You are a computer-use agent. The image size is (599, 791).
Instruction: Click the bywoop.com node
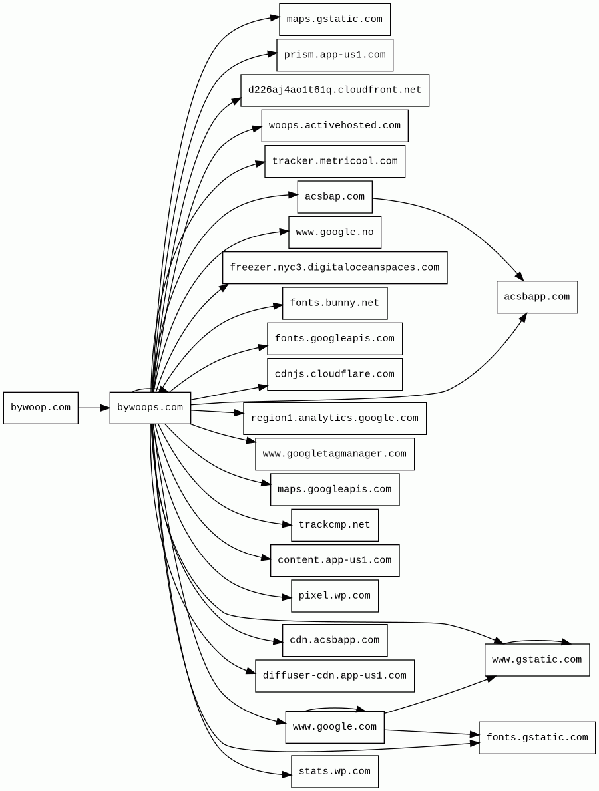[x=41, y=408]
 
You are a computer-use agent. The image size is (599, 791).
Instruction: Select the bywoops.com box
[x=150, y=408]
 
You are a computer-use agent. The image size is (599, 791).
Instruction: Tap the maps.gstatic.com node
[x=334, y=19]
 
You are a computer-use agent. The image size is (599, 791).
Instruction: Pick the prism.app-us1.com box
[x=334, y=55]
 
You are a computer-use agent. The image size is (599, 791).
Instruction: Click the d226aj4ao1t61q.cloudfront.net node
[x=334, y=90]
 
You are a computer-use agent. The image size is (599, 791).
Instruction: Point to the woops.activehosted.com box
[x=334, y=126]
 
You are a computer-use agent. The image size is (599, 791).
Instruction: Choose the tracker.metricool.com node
[x=334, y=161]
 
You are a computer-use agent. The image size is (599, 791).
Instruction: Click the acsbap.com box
[x=334, y=197]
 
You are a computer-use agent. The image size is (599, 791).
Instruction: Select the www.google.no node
[x=334, y=232]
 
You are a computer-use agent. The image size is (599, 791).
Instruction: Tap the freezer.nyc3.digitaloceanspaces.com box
[x=334, y=267]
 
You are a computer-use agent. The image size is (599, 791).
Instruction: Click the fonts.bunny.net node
[x=334, y=303]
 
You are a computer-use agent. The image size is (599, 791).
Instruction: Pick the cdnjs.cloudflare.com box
[x=334, y=374]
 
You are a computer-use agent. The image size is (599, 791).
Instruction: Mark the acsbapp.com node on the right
[x=536, y=297]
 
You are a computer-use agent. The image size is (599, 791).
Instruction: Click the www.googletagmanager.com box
[x=334, y=454]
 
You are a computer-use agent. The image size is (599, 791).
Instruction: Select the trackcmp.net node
[x=334, y=525]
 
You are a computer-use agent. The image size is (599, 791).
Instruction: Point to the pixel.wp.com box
[x=334, y=596]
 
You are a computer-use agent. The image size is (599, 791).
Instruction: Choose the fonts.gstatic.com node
[x=536, y=738]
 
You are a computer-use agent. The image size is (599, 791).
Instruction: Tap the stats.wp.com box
[x=334, y=772]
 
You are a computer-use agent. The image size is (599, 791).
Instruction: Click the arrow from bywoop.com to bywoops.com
[x=93, y=408]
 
